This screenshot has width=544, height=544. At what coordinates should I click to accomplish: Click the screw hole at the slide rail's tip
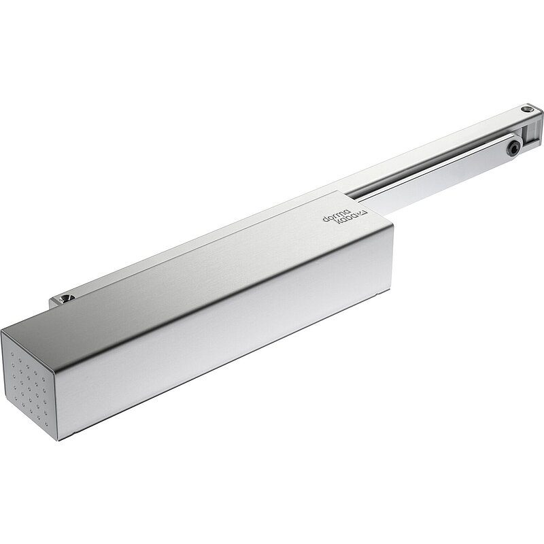[x=528, y=109]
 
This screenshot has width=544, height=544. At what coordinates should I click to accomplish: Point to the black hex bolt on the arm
[x=513, y=149]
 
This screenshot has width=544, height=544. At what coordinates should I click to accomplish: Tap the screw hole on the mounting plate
[x=64, y=299]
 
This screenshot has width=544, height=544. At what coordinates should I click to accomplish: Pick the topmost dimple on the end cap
[x=12, y=354]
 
